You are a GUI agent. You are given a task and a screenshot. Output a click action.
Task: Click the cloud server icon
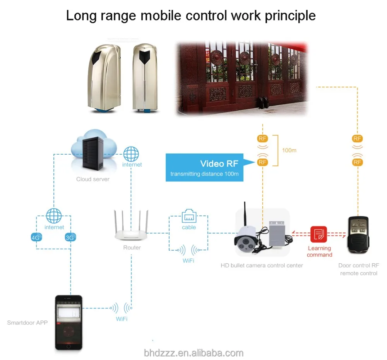93,151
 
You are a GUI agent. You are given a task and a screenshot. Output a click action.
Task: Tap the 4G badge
36,237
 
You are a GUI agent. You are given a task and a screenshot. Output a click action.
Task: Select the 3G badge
70,237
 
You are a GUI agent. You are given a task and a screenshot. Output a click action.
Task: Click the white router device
132,228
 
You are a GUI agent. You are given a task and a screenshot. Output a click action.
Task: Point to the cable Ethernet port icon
189,217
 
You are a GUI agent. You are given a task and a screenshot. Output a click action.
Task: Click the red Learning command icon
319,234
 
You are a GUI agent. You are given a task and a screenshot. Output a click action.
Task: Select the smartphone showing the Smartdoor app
68,322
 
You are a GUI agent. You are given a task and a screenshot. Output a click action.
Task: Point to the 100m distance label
289,150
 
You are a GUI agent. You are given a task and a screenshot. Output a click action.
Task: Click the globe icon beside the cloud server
131,154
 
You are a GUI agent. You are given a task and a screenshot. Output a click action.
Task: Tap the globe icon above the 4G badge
54,216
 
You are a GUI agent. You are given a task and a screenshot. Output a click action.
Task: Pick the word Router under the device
132,247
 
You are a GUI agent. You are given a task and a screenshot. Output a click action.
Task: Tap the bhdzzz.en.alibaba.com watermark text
193,353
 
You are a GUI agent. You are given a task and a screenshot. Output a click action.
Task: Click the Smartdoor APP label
27,322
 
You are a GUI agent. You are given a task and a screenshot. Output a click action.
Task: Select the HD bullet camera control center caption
262,266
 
